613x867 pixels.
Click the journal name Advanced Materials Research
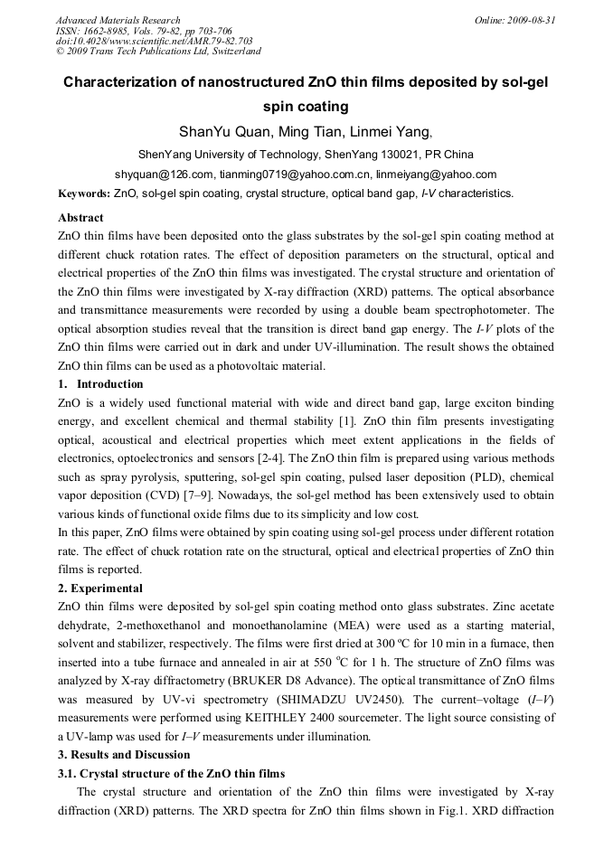pos(118,20)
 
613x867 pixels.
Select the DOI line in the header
pos(154,41)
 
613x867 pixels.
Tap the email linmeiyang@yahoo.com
pos(439,174)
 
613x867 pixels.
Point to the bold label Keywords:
pos(84,193)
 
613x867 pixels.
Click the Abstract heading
pos(80,218)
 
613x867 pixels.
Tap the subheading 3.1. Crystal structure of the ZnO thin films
pos(171,774)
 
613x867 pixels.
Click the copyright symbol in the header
pos(60,52)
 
